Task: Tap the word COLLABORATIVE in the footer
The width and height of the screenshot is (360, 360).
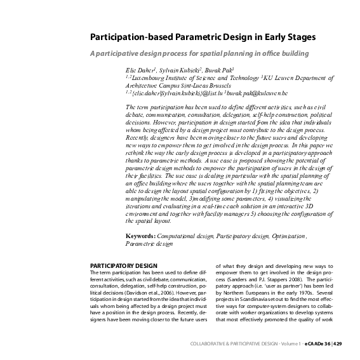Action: point(211,344)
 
